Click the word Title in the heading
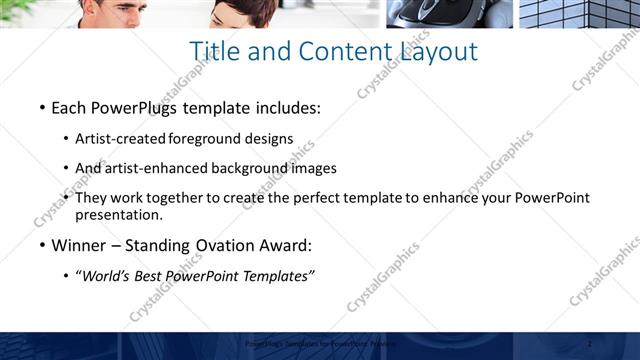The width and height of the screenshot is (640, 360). (214, 51)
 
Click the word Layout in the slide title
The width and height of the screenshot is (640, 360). (436, 51)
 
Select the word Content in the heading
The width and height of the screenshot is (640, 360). (330, 51)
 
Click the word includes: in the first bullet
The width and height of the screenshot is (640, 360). (289, 106)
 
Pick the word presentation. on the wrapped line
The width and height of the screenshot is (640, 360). (118, 214)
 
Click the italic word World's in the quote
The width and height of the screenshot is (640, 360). (108, 276)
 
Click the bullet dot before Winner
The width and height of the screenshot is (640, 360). (42, 246)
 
